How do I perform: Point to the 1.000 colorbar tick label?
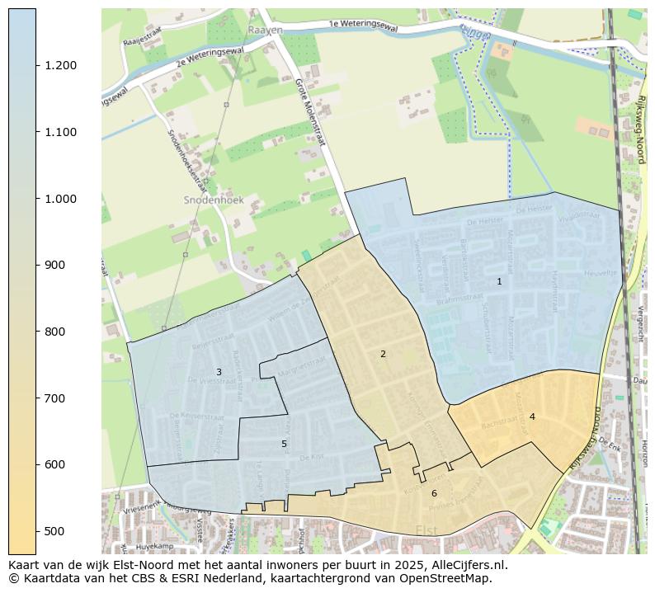click(61, 199)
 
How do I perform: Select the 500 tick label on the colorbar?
click(54, 531)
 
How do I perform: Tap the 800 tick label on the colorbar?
click(54, 332)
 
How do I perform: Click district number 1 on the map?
click(499, 281)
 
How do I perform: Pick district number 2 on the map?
click(383, 354)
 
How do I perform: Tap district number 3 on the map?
click(219, 372)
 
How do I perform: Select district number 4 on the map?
click(532, 417)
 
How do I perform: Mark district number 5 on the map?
click(284, 444)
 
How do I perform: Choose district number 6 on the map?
click(434, 493)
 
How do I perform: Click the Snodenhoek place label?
click(208, 200)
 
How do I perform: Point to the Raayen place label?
click(265, 30)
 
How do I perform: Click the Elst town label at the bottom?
click(427, 530)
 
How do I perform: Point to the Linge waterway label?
click(476, 32)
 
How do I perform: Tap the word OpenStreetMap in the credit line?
click(452, 578)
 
